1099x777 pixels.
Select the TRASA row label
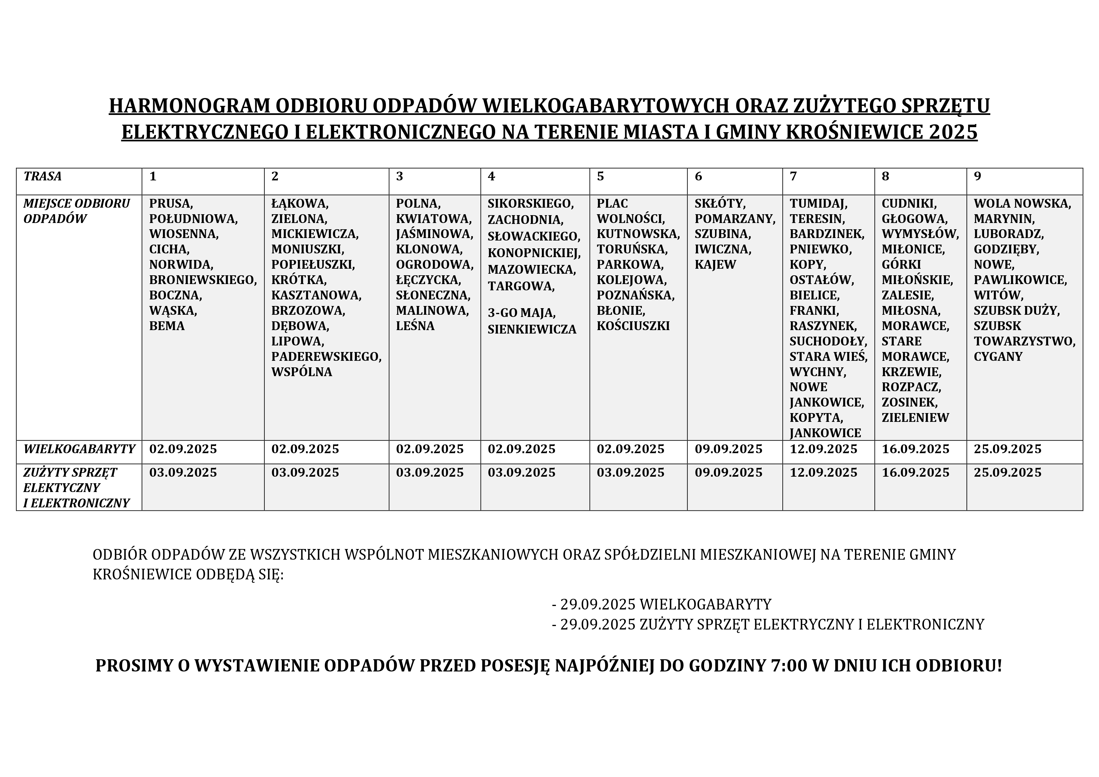[x=43, y=176]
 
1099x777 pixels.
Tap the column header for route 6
[x=698, y=177]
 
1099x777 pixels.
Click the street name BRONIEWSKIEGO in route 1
[x=203, y=280]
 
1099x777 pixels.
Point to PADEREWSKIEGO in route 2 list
[x=326, y=356]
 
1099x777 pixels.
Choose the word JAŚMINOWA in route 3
[x=434, y=234]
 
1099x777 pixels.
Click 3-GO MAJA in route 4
[x=521, y=313]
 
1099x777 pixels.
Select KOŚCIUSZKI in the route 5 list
[x=633, y=325]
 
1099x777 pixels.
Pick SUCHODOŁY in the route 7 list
[x=828, y=341]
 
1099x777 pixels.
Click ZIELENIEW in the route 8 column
[x=915, y=417]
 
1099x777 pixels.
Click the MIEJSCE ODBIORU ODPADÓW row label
[x=77, y=211]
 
